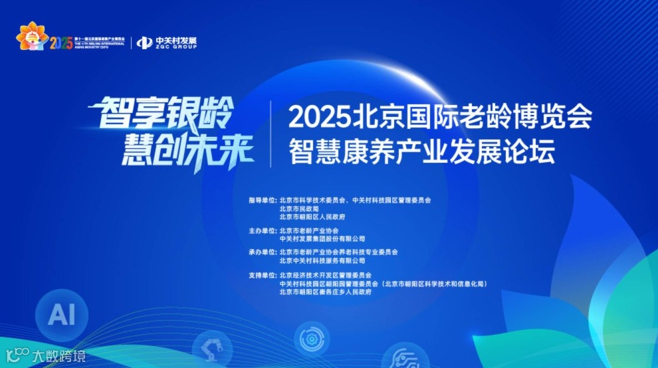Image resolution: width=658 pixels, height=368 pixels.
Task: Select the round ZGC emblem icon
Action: [x=144, y=43]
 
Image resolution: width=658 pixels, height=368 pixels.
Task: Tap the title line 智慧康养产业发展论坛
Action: [x=421, y=153]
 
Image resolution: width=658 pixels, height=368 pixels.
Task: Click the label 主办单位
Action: [x=261, y=230]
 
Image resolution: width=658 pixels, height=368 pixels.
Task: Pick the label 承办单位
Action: [x=261, y=252]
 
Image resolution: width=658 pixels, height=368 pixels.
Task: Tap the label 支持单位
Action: [x=261, y=275]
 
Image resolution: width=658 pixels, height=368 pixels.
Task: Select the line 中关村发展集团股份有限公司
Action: [x=322, y=238]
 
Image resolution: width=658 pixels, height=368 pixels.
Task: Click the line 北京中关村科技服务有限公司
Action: [x=322, y=261]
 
